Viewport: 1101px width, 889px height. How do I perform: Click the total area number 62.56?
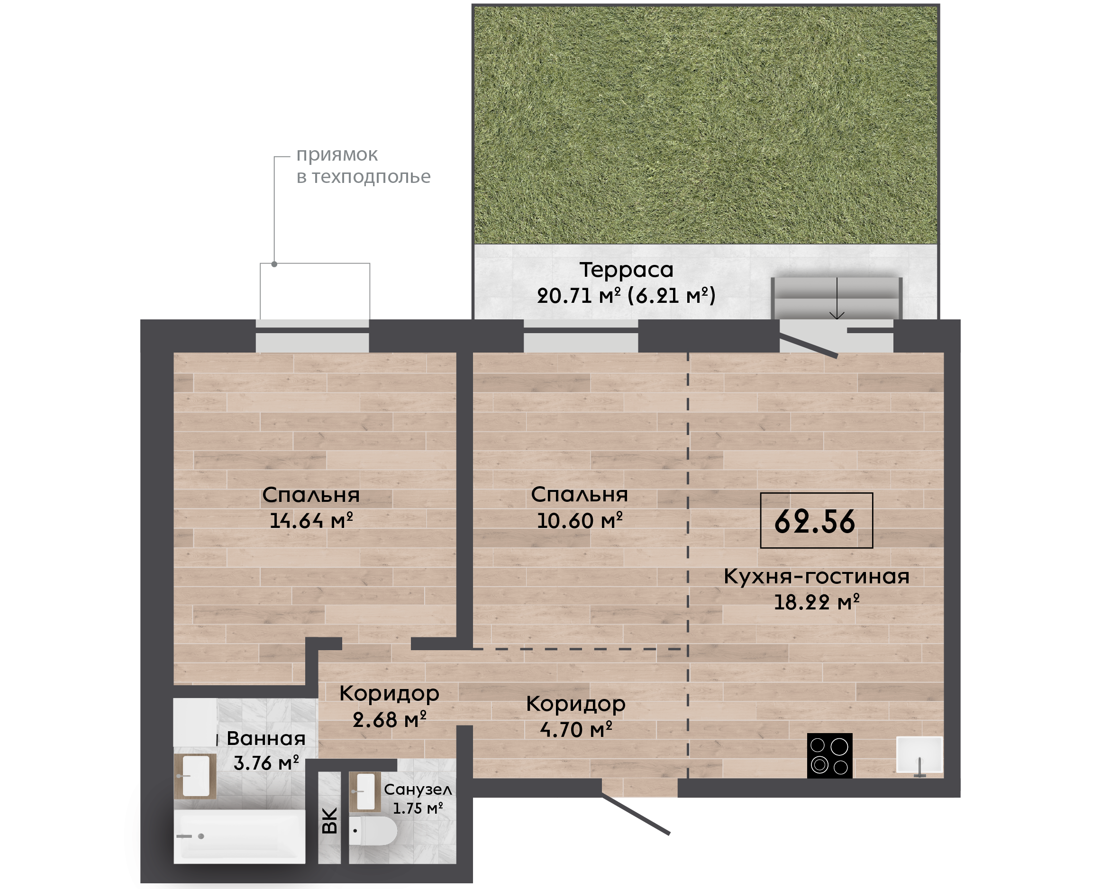815,522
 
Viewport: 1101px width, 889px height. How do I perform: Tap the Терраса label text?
626,270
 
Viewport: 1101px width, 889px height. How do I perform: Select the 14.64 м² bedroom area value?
311,521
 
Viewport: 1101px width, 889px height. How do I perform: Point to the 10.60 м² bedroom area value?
580,521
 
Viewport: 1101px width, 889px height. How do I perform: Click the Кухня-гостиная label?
816,577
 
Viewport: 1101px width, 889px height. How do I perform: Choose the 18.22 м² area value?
816,602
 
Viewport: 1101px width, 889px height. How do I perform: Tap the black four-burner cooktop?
829,756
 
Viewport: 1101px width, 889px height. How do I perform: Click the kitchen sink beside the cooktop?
919,755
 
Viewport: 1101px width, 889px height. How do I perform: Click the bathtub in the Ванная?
239,836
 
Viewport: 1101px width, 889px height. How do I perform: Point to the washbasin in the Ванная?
195,776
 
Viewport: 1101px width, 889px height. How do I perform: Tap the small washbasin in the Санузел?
364,792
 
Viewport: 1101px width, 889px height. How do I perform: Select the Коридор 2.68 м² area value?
389,720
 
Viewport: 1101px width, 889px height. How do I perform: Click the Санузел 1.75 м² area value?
418,808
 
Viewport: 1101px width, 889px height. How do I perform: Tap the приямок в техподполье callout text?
364,165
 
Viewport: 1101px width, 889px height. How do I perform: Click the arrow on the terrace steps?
837,298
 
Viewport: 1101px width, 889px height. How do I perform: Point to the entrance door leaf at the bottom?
636,814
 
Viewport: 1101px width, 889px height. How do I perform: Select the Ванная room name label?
266,738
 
